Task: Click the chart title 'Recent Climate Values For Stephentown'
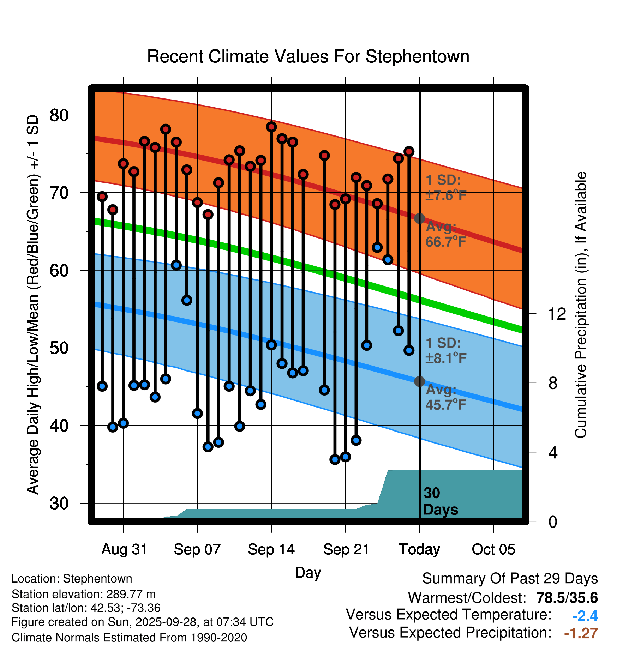tap(308, 56)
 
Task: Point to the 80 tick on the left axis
tap(59, 115)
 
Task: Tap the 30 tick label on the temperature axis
tap(59, 503)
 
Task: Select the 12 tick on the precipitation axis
tap(557, 314)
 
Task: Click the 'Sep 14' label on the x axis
tap(271, 549)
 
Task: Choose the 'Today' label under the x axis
tap(419, 549)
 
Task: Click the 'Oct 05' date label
tap(493, 549)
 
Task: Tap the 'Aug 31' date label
tap(124, 549)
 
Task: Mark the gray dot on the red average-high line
tap(419, 219)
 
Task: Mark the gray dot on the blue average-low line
tap(419, 381)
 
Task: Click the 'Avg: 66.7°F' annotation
tap(445, 234)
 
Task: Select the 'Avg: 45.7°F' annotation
tap(445, 397)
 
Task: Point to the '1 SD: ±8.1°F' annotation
tap(445, 351)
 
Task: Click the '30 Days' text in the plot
tap(440, 501)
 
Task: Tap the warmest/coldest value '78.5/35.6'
tap(567, 598)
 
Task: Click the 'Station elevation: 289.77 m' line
tap(84, 594)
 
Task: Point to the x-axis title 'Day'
tap(308, 573)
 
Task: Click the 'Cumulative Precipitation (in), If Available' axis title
tap(581, 305)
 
